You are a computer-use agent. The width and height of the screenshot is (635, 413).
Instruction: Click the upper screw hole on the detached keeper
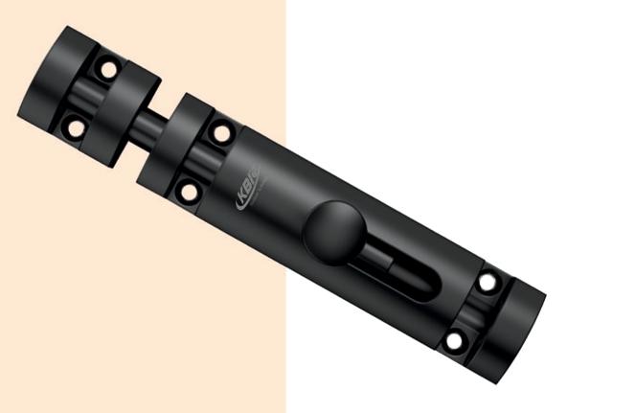(108, 70)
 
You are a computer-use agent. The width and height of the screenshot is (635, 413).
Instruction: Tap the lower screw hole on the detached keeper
(75, 126)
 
